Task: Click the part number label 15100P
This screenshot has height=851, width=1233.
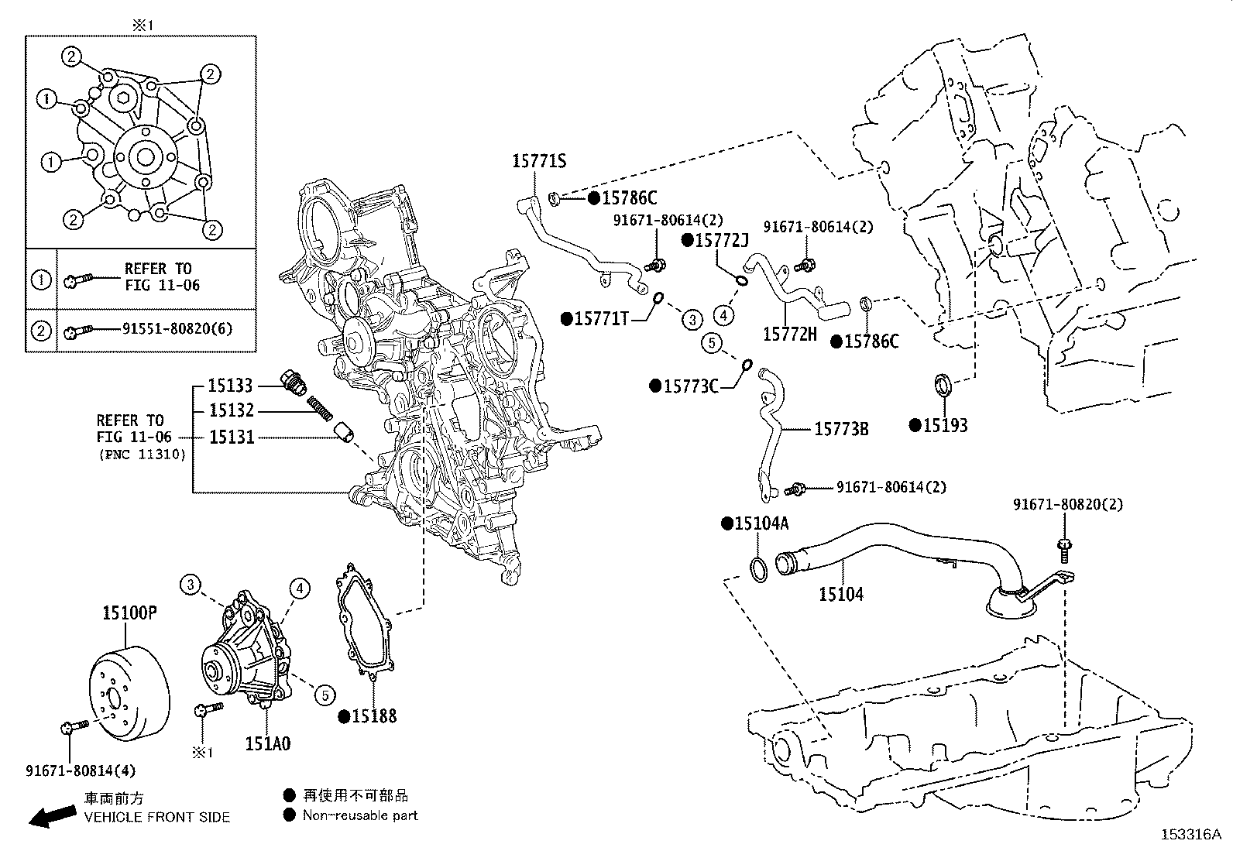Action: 130,614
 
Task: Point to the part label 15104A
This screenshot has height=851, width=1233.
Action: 761,523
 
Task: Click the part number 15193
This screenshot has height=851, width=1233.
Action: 945,425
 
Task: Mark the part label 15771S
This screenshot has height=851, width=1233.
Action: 539,161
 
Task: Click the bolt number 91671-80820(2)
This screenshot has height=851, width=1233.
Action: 1068,504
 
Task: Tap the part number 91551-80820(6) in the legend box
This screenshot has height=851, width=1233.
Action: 177,328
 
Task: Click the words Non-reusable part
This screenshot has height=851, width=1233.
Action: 360,815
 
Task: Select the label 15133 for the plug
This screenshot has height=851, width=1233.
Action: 231,385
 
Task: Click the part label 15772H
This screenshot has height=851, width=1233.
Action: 789,334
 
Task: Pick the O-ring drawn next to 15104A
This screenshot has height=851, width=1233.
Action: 759,568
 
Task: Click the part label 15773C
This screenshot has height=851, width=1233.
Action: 691,385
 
